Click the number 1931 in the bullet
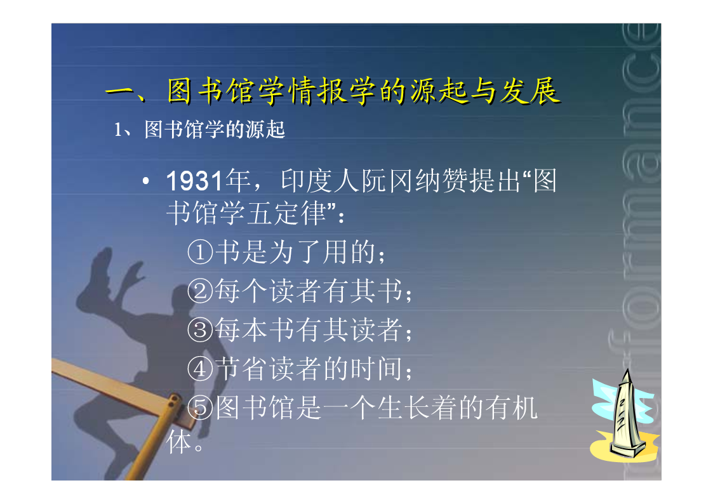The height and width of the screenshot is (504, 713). [x=195, y=181]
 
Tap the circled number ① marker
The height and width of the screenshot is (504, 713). [x=200, y=252]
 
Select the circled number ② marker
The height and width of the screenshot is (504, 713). [x=200, y=291]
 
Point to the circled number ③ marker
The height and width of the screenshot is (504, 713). [x=200, y=330]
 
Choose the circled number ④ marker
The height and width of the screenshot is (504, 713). [x=200, y=369]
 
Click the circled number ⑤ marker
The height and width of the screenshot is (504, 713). [x=200, y=408]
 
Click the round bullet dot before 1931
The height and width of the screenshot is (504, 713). [x=145, y=182]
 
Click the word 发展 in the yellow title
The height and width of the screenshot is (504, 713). [x=530, y=91]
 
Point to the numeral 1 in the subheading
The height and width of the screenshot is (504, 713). [x=117, y=130]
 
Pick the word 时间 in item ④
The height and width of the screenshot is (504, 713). [x=376, y=369]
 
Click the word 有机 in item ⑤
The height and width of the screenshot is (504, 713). [x=512, y=408]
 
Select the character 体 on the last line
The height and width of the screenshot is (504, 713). [x=178, y=442]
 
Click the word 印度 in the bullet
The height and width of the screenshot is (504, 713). [x=307, y=181]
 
